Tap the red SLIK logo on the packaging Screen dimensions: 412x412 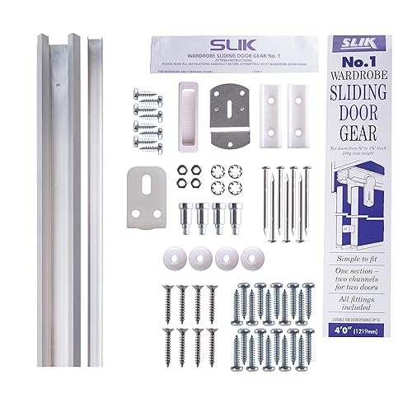point(362,41)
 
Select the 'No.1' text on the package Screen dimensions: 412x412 point(362,63)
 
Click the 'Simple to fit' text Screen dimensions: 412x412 point(362,282)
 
